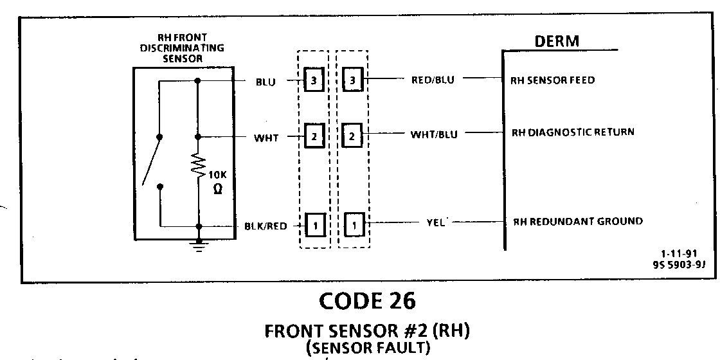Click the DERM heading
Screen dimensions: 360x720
(x=557, y=41)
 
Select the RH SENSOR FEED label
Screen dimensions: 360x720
(x=552, y=81)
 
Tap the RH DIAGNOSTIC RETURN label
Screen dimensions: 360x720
(x=572, y=133)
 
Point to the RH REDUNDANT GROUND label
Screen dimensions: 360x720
(x=577, y=221)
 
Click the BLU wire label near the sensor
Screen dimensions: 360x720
(x=265, y=82)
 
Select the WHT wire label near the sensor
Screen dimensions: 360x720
(x=267, y=137)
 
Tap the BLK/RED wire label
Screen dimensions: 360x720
(x=263, y=226)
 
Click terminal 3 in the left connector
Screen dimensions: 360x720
(x=313, y=82)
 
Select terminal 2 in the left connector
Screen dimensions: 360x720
(x=313, y=136)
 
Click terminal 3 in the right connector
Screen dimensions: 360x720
(x=353, y=82)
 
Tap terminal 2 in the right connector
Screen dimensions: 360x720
(x=353, y=136)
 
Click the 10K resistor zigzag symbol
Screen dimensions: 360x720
(x=198, y=168)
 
